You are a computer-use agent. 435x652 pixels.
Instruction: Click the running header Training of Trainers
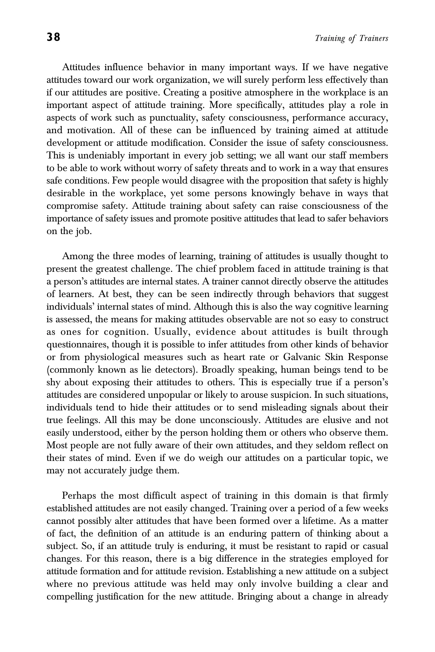tap(351, 38)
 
